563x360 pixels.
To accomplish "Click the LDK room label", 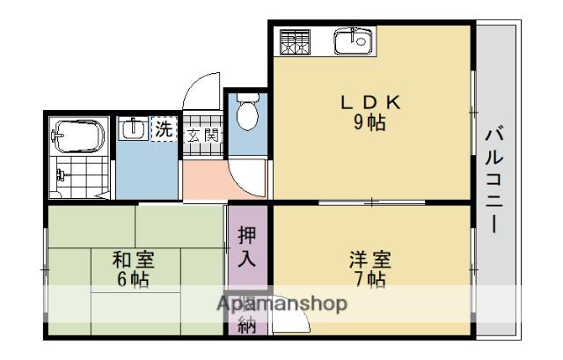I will (370, 102).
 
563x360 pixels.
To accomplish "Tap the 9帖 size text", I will (370, 122).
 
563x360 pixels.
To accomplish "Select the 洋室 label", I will (369, 261).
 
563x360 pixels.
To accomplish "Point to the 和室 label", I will (134, 261).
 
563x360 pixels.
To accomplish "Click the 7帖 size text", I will (369, 281).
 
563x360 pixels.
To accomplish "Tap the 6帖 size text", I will (134, 281).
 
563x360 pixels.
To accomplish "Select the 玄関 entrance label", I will (202, 135).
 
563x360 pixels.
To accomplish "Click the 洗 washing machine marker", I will (164, 129).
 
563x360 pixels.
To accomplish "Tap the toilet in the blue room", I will (248, 112).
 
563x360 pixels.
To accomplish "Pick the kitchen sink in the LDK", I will (354, 40).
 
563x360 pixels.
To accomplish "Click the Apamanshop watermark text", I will (281, 304).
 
